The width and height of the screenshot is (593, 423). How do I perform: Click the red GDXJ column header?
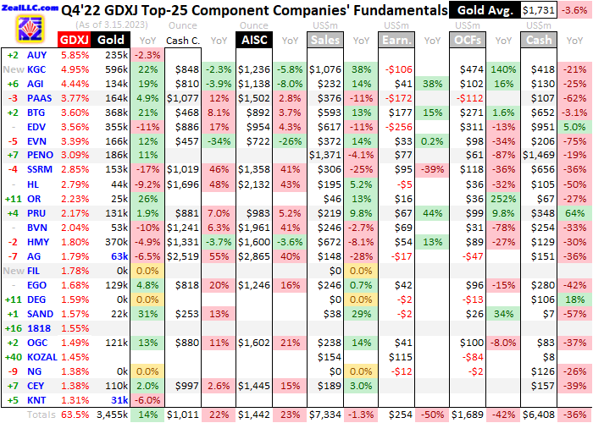point(75,40)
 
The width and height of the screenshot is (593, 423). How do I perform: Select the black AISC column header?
point(253,40)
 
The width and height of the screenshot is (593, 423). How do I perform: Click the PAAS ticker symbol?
point(41,97)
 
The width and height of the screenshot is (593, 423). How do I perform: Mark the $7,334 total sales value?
point(325,415)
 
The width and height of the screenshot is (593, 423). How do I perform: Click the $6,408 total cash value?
point(540,415)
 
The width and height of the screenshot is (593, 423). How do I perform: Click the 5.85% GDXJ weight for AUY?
point(75,54)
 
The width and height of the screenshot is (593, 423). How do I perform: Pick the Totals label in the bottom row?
point(39,415)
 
